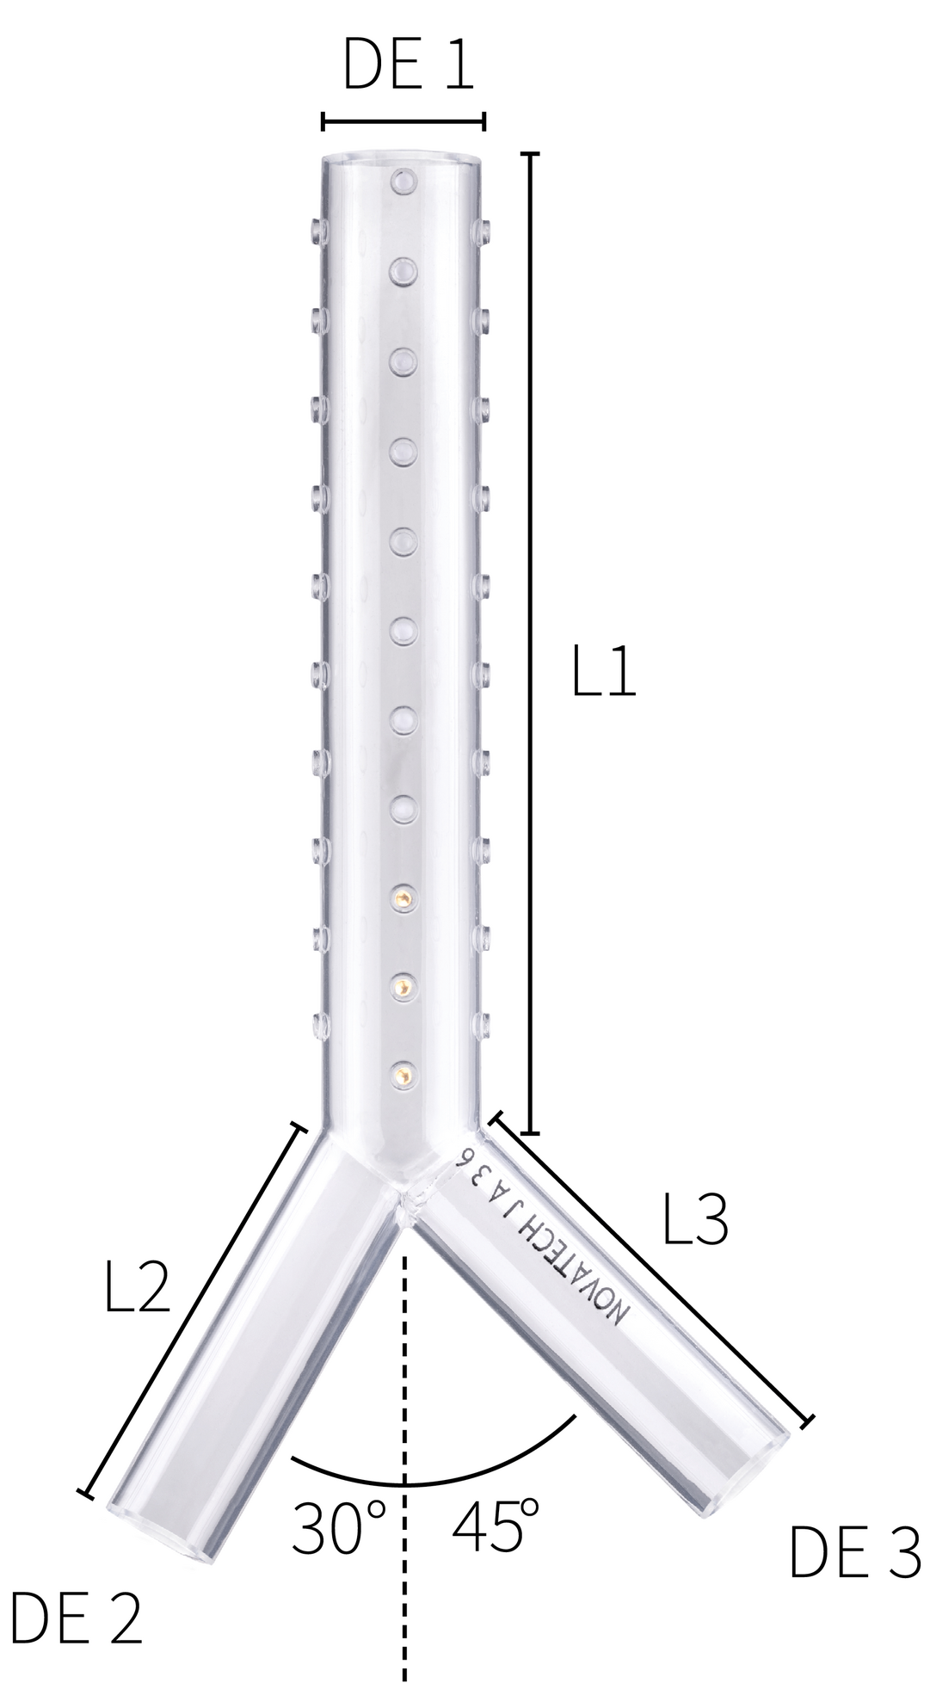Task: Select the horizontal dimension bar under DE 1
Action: tap(403, 121)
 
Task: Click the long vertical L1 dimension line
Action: tap(531, 645)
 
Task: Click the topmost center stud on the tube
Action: tap(403, 182)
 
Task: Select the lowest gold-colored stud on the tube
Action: tap(401, 1072)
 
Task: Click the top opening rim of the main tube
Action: tap(403, 160)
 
